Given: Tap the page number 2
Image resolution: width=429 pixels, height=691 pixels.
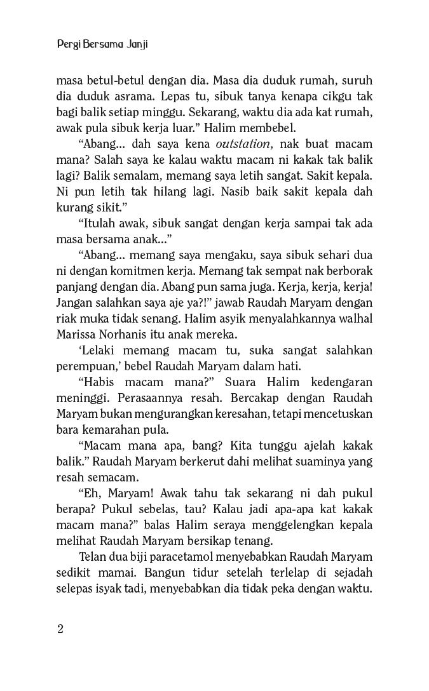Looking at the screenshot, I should pyautogui.click(x=60, y=629).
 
